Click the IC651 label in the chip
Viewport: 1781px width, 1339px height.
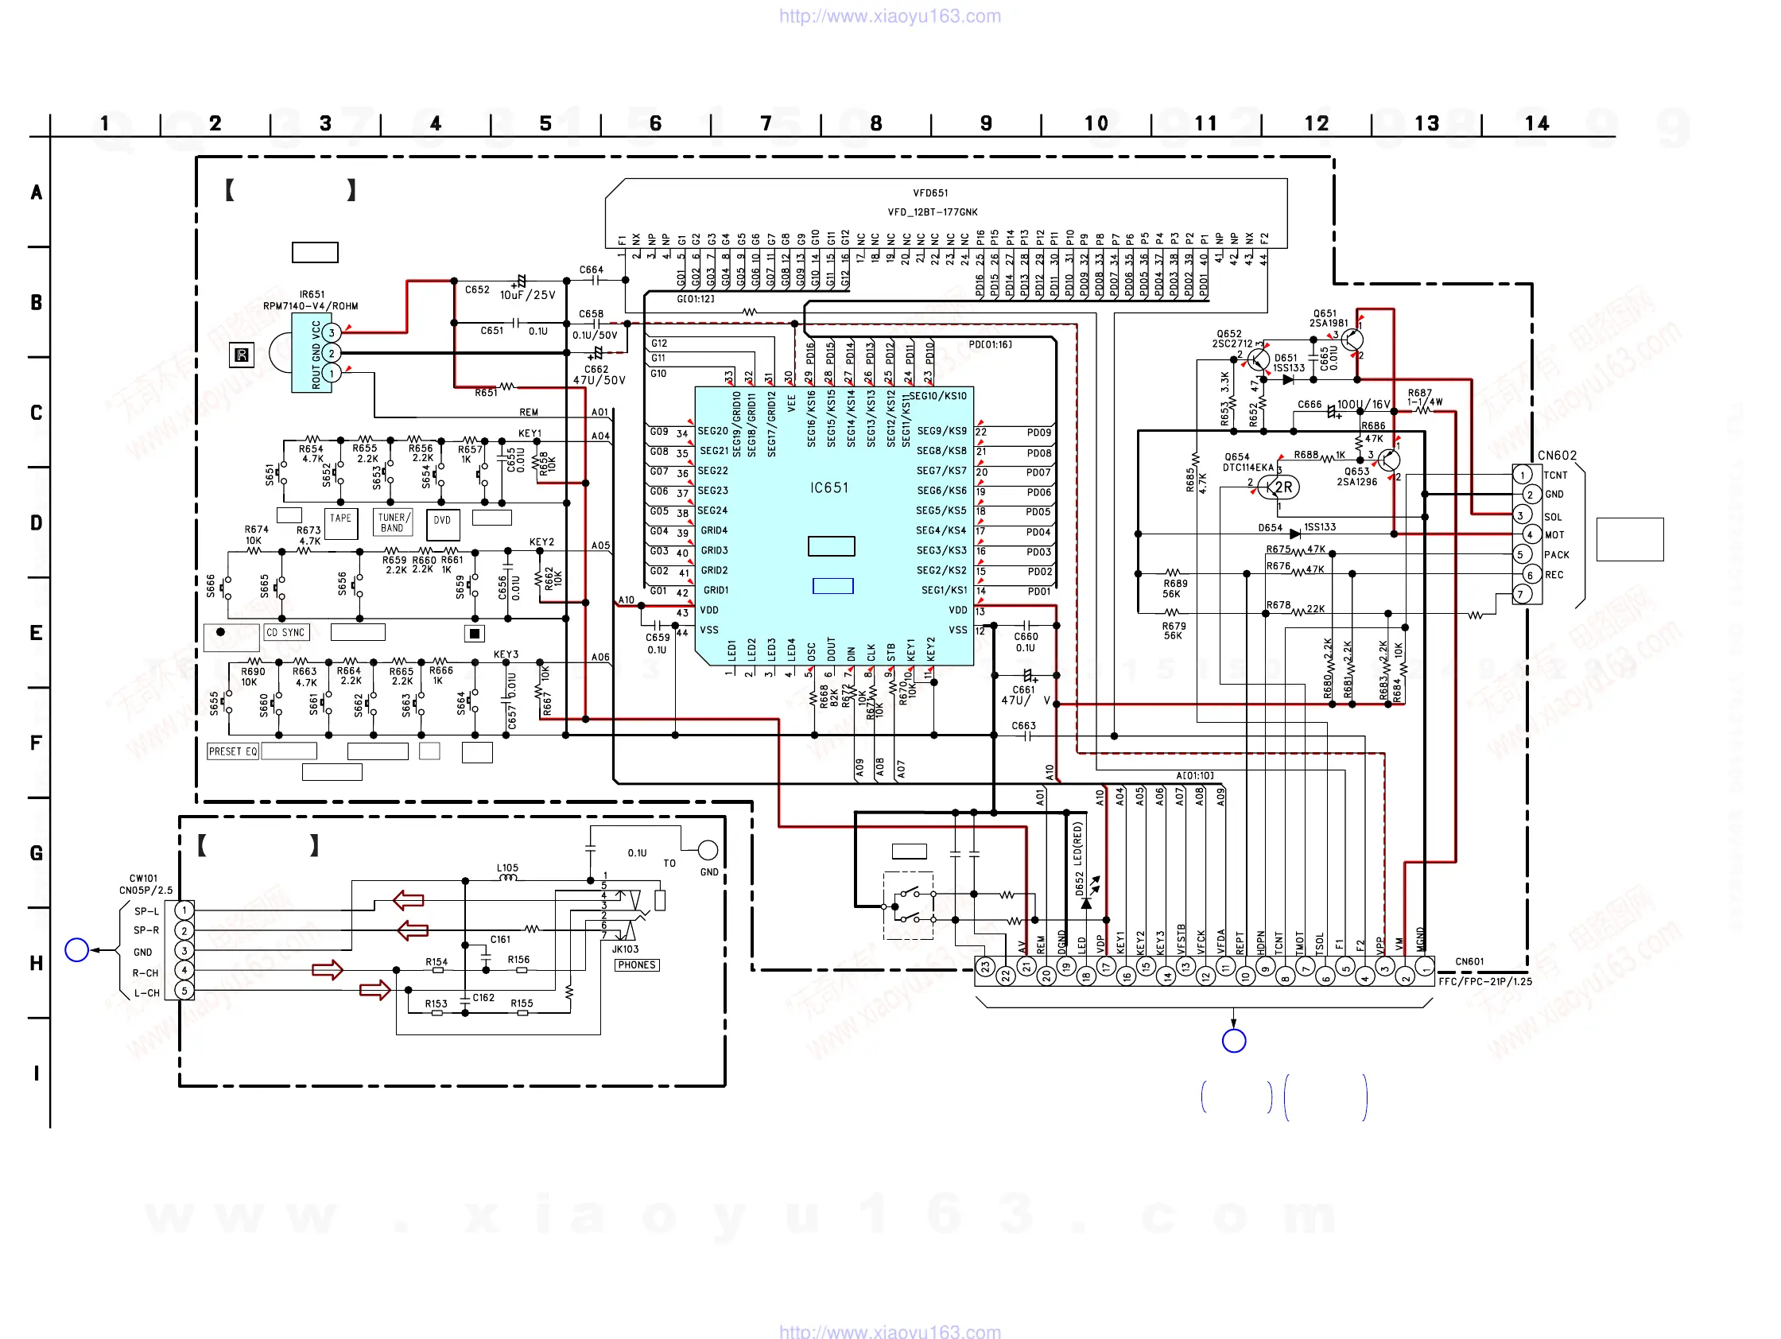point(828,488)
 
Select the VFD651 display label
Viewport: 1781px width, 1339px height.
point(930,193)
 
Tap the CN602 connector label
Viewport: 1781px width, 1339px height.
point(1556,456)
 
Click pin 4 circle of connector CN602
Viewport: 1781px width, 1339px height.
point(1529,534)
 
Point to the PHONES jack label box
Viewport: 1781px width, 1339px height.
point(636,964)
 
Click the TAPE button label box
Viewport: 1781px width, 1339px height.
point(340,518)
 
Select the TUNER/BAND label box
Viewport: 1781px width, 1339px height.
point(393,522)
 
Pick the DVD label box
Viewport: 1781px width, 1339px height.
point(442,521)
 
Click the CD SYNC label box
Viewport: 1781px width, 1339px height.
point(285,633)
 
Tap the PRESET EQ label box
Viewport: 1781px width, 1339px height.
point(233,751)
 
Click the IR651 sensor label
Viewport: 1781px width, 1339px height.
point(312,295)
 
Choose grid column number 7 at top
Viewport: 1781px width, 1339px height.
point(766,123)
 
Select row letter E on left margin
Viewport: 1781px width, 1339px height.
point(37,633)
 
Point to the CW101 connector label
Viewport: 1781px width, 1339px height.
point(143,879)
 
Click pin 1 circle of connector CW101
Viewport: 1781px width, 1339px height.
point(184,910)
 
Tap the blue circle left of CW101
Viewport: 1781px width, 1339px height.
point(76,950)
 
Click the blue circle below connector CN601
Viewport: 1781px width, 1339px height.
point(1233,1041)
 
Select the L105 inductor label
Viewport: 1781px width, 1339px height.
point(507,868)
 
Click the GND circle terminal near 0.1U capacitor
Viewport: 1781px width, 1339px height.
point(708,850)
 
